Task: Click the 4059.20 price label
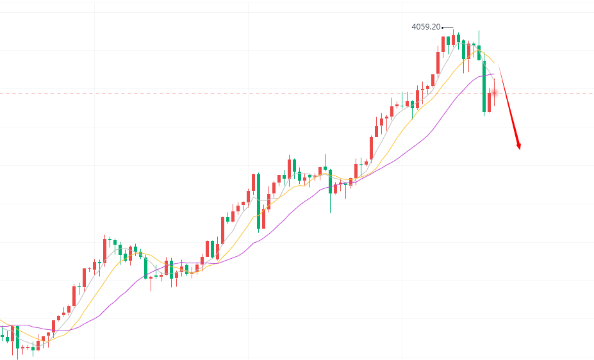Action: pyautogui.click(x=425, y=27)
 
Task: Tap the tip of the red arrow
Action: pyautogui.click(x=518, y=149)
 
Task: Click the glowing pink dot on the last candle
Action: pyautogui.click(x=494, y=94)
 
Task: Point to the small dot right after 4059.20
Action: pyautogui.click(x=443, y=28)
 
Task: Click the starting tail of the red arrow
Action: pyautogui.click(x=499, y=67)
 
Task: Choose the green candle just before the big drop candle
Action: pyautogui.click(x=479, y=53)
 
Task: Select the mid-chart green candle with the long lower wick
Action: pyautogui.click(x=331, y=182)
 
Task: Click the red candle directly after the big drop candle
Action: pyautogui.click(x=489, y=102)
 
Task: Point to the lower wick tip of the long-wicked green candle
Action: pyautogui.click(x=331, y=212)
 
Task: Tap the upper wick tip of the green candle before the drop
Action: pyautogui.click(x=479, y=30)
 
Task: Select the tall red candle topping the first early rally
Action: pyautogui.click(x=104, y=249)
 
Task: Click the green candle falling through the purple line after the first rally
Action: pyautogui.click(x=145, y=267)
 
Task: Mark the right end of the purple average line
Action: pyautogui.click(x=495, y=74)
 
